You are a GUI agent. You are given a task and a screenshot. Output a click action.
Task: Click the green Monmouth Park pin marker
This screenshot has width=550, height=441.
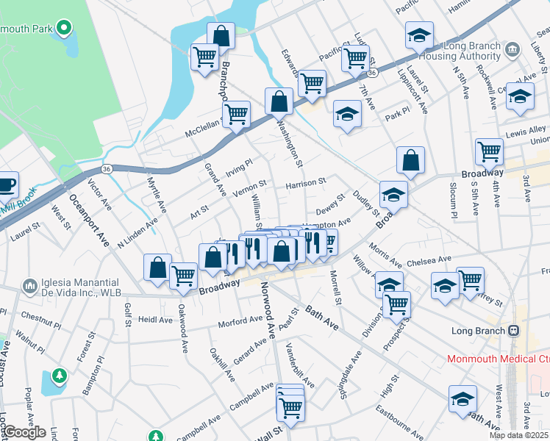click(x=64, y=29)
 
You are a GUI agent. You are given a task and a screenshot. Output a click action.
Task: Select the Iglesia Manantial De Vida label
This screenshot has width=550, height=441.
click(x=71, y=289)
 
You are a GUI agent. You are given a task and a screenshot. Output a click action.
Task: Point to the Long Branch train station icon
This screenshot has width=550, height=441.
click(x=512, y=330)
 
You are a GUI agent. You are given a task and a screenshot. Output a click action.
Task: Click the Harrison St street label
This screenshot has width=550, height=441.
click(x=305, y=182)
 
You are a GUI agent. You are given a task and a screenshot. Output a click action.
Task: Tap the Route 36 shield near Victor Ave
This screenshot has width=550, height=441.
click(x=107, y=169)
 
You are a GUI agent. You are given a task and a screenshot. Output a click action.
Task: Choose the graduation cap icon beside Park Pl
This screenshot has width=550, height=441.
click(x=347, y=114)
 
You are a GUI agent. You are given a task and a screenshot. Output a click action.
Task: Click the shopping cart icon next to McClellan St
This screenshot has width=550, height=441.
click(x=237, y=114)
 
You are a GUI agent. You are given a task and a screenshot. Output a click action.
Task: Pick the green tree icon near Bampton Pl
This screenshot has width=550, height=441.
click(x=60, y=376)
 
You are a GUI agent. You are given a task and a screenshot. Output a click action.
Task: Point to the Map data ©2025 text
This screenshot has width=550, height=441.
click(x=518, y=435)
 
